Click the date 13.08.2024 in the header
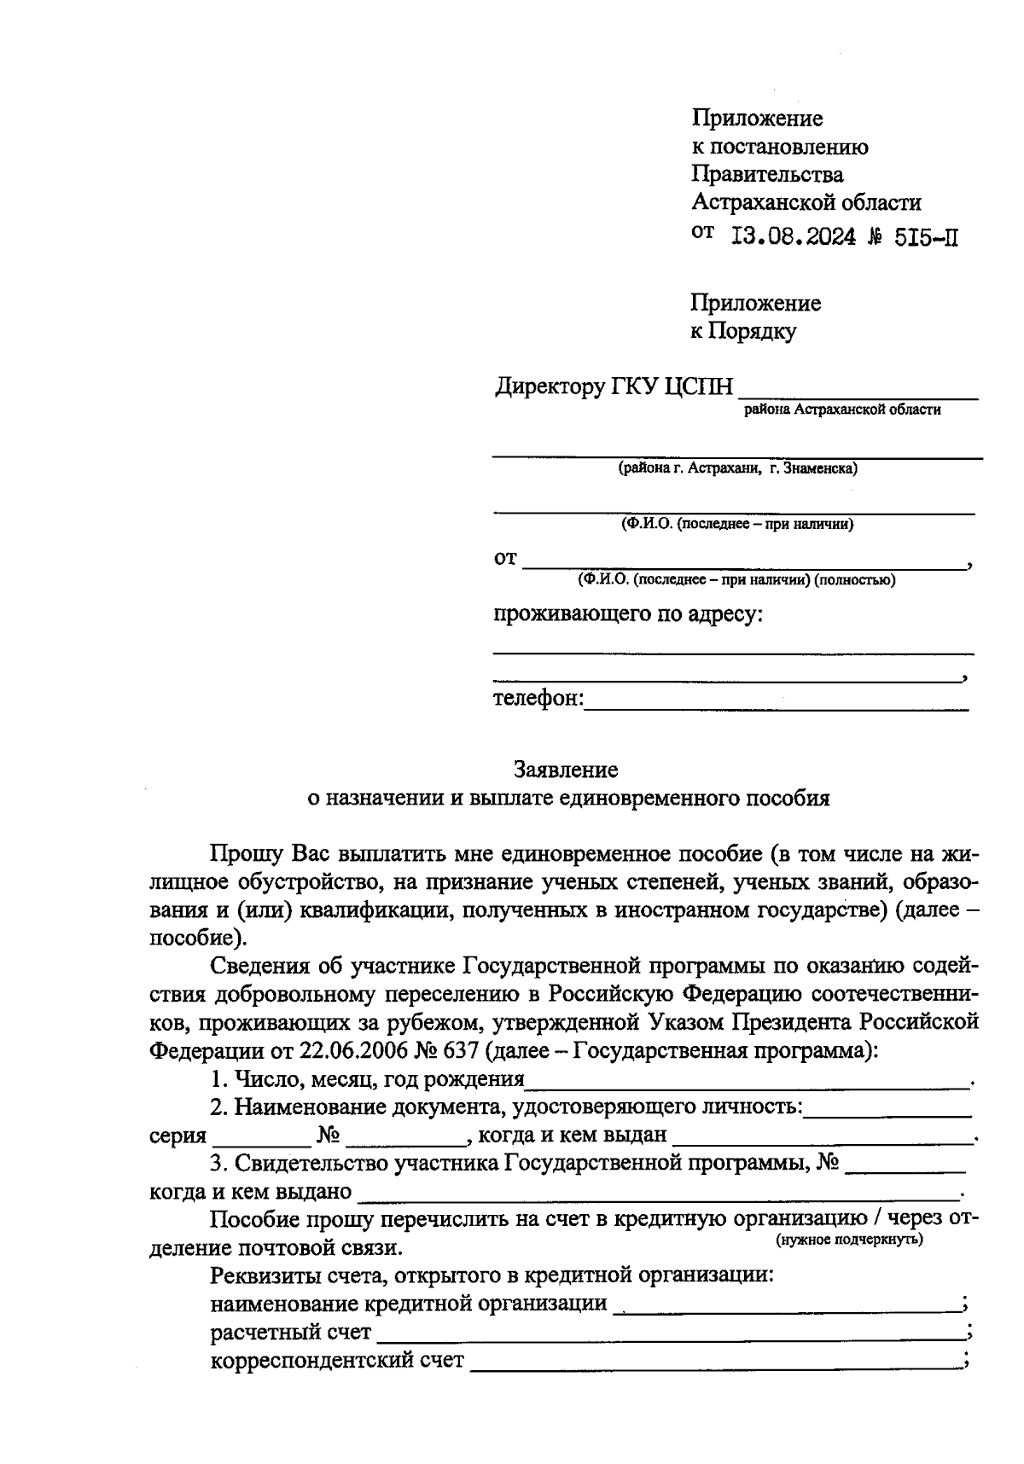(794, 237)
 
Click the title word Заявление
(566, 770)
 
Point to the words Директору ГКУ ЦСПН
(614, 387)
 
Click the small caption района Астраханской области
(842, 410)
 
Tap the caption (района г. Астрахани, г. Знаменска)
(738, 468)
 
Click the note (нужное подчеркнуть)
(849, 1239)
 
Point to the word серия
(177, 1136)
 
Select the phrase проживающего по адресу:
(628, 613)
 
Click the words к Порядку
(742, 331)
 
